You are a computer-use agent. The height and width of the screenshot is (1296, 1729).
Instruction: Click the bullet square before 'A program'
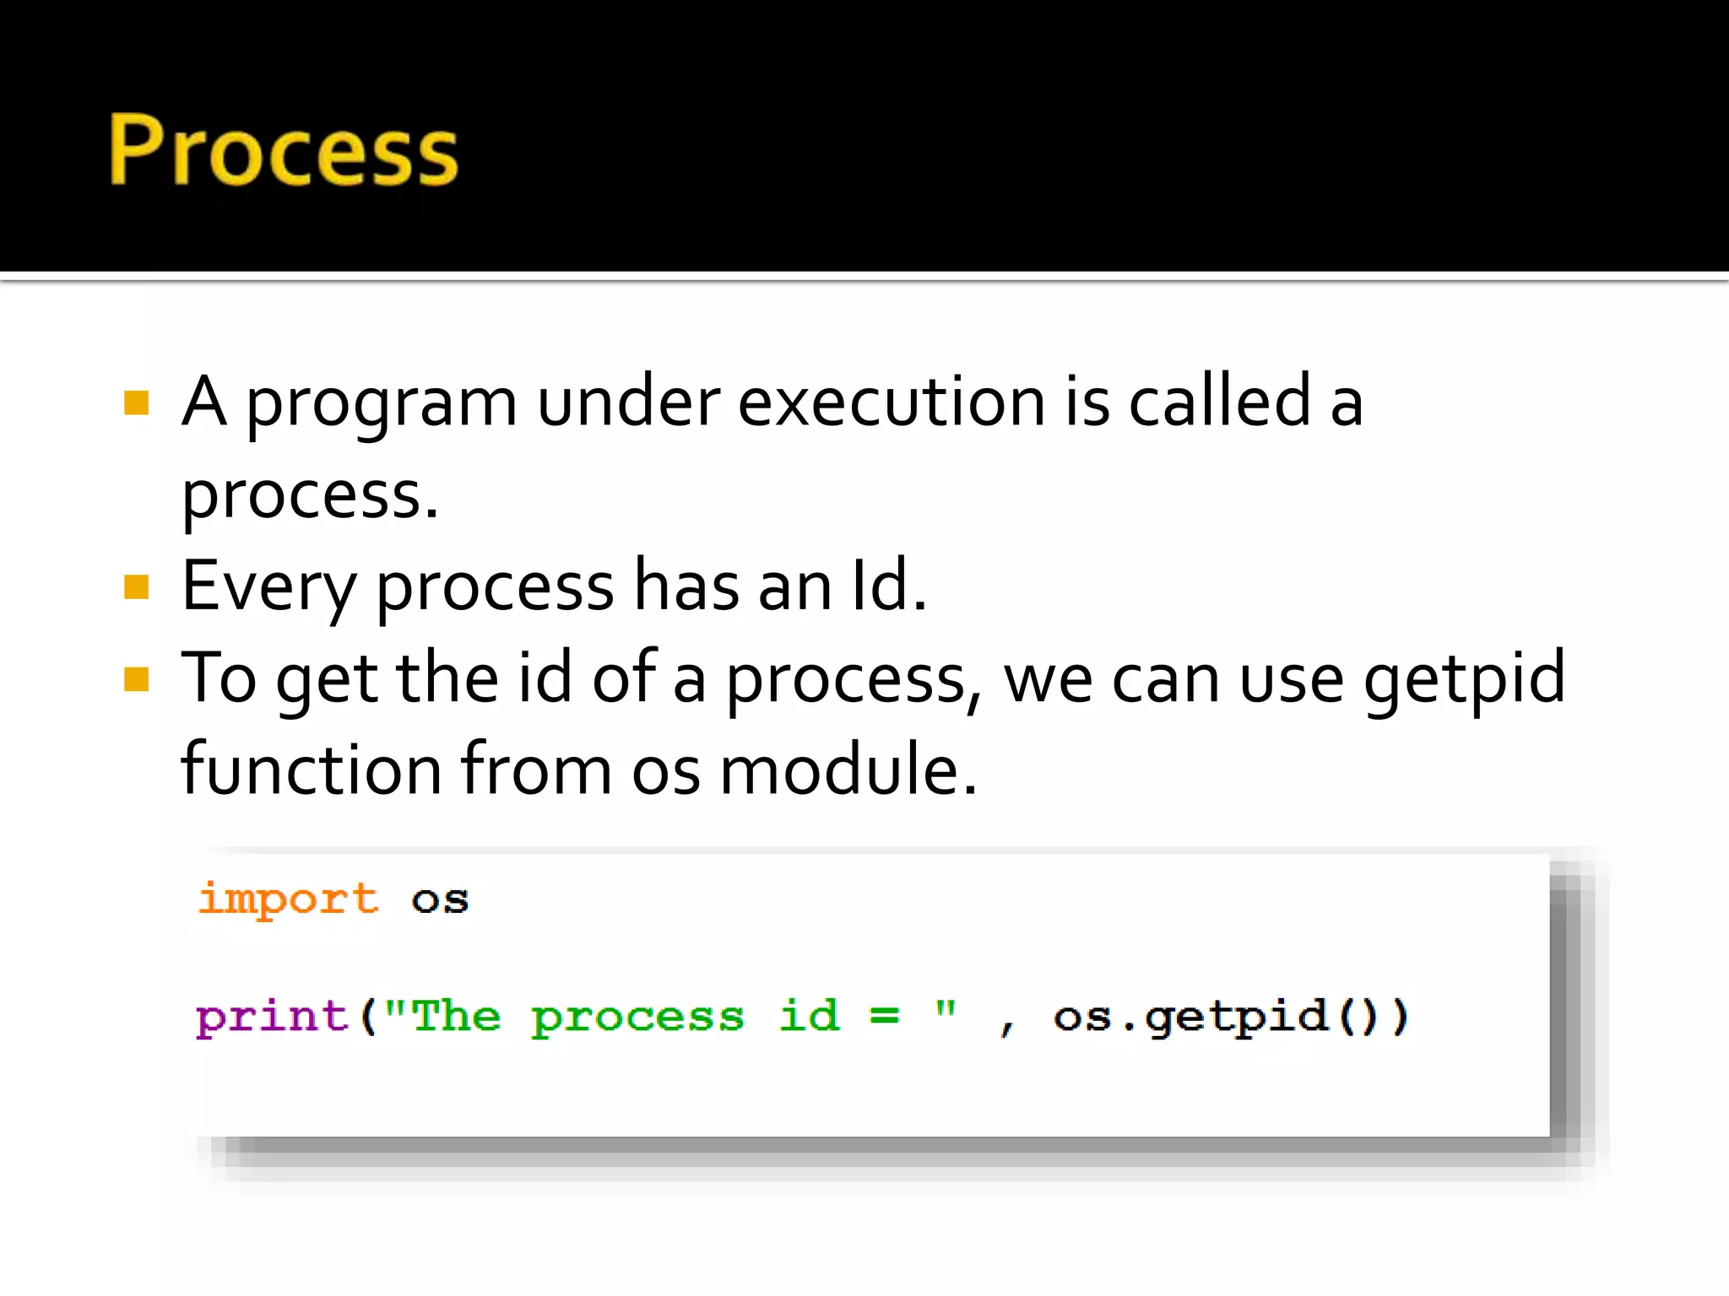tap(136, 403)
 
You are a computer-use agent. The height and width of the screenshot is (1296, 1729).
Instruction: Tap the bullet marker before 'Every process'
tap(136, 586)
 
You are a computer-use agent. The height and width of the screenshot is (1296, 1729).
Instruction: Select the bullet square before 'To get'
tap(136, 678)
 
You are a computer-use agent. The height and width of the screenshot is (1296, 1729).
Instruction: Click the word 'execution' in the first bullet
tap(891, 402)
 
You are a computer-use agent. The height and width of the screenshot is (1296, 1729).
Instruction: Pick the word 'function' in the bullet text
tap(312, 769)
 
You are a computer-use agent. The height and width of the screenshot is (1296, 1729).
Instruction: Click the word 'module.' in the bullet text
tap(848, 769)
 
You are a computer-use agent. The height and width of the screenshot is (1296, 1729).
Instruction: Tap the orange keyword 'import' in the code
tap(288, 899)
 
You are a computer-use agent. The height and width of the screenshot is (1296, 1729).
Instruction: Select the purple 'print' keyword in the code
tap(272, 1017)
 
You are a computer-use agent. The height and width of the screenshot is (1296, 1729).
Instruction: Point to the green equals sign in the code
tap(884, 1016)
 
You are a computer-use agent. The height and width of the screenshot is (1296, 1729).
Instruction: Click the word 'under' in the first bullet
tap(629, 402)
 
